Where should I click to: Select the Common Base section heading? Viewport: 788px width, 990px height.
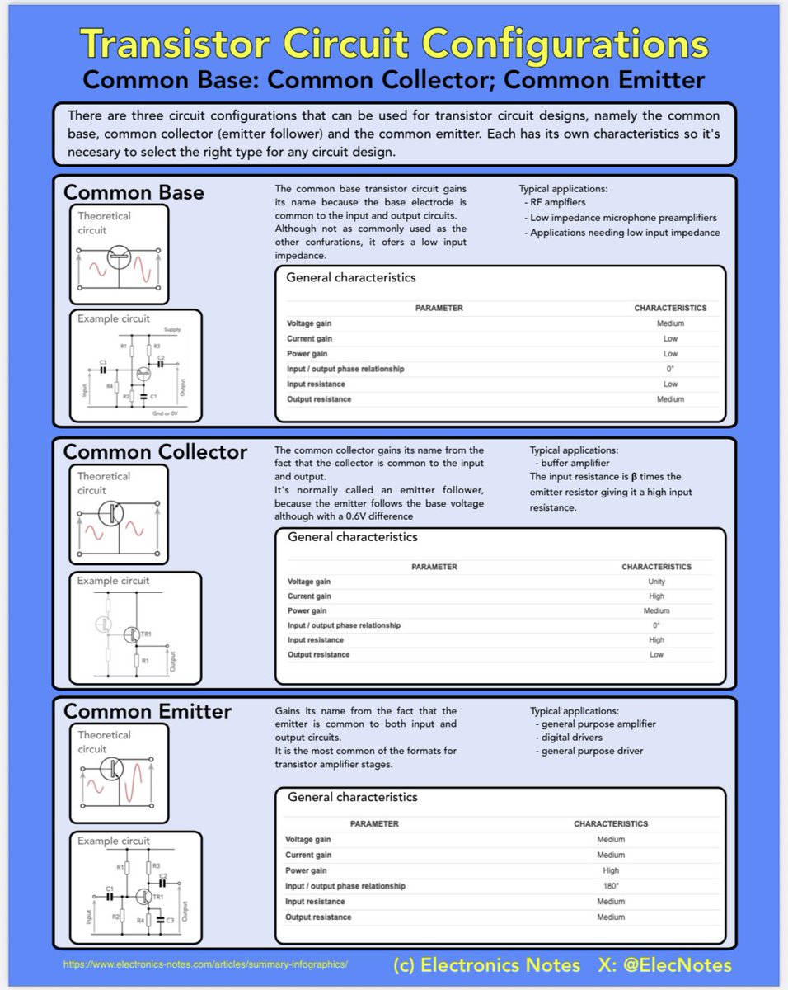pyautogui.click(x=134, y=193)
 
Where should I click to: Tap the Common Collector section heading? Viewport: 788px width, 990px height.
pyautogui.click(x=155, y=452)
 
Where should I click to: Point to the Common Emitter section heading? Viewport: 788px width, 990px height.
pyautogui.click(x=147, y=711)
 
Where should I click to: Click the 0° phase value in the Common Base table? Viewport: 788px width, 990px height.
pyautogui.click(x=670, y=369)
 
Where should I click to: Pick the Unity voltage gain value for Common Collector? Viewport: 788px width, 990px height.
pyautogui.click(x=656, y=582)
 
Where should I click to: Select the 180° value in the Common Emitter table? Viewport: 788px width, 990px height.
pyautogui.click(x=611, y=886)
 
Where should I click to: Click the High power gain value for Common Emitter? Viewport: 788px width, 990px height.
pyautogui.click(x=611, y=870)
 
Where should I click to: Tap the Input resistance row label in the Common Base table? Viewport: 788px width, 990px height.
pyautogui.click(x=316, y=384)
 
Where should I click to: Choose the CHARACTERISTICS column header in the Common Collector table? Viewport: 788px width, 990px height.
pyautogui.click(x=656, y=567)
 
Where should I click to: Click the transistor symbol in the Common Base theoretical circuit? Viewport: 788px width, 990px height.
pyautogui.click(x=120, y=259)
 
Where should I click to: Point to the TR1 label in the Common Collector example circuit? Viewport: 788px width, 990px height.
pyautogui.click(x=147, y=634)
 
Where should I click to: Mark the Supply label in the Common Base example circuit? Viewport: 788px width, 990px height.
pyautogui.click(x=171, y=330)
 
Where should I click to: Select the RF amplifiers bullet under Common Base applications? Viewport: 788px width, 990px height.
pyautogui.click(x=555, y=202)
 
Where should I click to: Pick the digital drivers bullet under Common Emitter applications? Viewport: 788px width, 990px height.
pyautogui.click(x=571, y=737)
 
